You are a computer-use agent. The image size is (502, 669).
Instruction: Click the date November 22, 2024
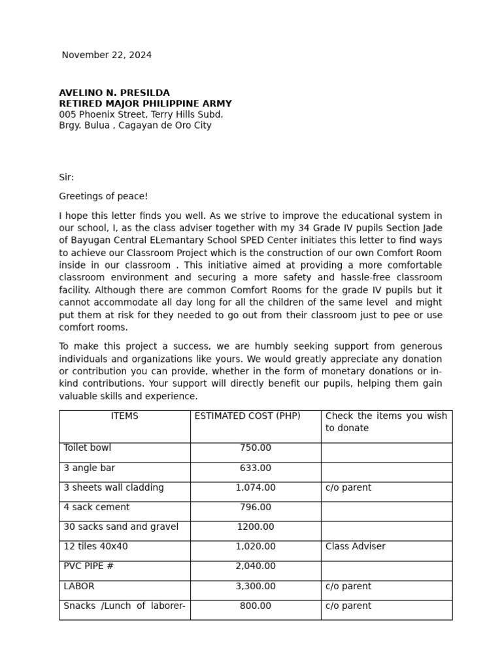(x=107, y=55)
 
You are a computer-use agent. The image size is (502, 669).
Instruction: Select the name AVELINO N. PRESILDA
(x=114, y=93)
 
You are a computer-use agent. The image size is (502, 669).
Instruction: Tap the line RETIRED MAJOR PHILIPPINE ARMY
(x=145, y=104)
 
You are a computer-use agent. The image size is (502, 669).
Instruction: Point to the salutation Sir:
(x=67, y=177)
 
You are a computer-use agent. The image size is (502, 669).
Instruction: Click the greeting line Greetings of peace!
(x=103, y=196)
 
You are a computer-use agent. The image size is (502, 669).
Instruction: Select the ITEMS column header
(x=124, y=416)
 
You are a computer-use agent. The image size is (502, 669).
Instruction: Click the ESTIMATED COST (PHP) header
(x=248, y=416)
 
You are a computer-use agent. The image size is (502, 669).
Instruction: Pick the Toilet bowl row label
(x=88, y=448)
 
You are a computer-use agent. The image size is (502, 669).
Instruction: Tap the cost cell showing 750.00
(x=256, y=448)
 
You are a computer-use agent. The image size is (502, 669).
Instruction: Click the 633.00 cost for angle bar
(x=256, y=468)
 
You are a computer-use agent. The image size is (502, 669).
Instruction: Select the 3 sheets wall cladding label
(x=114, y=487)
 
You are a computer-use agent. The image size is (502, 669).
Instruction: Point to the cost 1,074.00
(x=256, y=487)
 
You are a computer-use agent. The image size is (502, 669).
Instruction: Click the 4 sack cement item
(x=97, y=507)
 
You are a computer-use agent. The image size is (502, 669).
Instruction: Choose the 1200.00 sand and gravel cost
(x=256, y=527)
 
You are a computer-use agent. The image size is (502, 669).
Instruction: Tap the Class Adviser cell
(x=355, y=546)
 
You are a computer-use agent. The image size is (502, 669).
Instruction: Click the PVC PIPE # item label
(x=88, y=566)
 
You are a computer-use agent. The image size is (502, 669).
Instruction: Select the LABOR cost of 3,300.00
(x=256, y=586)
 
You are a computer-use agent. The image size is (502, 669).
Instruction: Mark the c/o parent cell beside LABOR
(x=348, y=586)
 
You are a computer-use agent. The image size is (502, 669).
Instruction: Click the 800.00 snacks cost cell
(x=256, y=606)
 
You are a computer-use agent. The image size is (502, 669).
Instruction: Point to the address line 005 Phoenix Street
(x=141, y=114)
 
